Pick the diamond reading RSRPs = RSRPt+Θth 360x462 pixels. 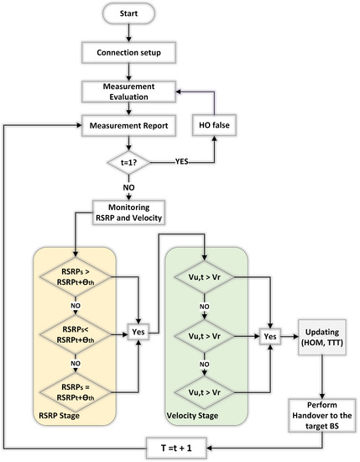coord(76,389)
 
